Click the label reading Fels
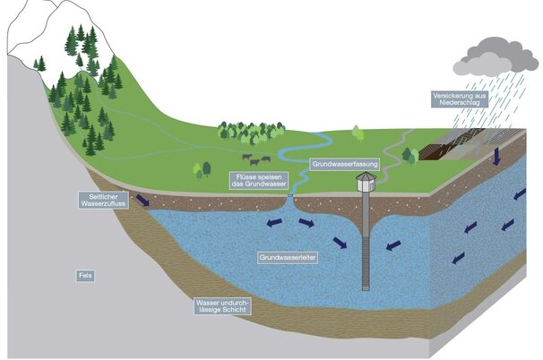(x=84, y=276)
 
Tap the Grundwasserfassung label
(x=346, y=165)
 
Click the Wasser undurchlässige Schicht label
(x=223, y=308)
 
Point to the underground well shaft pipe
(x=365, y=251)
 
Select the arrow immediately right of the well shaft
(x=392, y=245)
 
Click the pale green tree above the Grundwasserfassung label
(x=358, y=133)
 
